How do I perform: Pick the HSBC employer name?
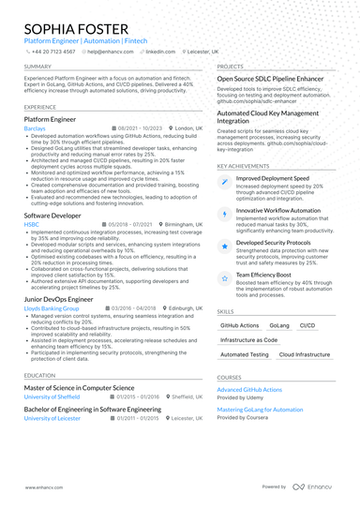click(x=31, y=225)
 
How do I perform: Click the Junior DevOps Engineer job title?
click(x=59, y=298)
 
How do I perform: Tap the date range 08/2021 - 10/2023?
click(x=141, y=127)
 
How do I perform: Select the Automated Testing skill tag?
click(x=243, y=355)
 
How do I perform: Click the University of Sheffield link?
click(x=52, y=397)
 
